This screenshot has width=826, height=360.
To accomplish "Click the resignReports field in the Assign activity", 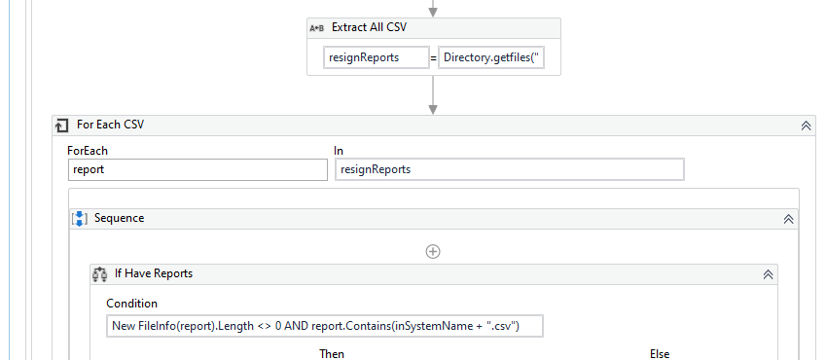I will [376, 57].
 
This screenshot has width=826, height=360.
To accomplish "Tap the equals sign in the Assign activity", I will [433, 58].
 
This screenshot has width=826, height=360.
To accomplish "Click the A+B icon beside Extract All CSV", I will [317, 28].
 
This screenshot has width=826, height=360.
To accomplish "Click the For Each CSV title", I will [110, 126].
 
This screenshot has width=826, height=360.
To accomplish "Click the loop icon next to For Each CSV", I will [62, 126].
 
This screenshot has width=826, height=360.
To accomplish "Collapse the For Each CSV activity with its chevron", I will [806, 126].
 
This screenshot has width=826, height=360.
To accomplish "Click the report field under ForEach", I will [198, 169].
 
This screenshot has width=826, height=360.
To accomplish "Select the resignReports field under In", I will [510, 169].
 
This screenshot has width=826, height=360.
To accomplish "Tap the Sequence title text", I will [119, 218].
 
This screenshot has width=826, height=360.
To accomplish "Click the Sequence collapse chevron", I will [788, 219].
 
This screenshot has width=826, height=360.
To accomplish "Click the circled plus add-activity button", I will [434, 251].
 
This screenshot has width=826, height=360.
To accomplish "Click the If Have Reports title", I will [153, 273].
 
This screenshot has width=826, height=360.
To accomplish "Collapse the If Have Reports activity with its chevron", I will [768, 274].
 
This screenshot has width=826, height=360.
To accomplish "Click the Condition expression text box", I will [324, 326].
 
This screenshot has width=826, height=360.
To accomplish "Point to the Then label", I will [332, 353].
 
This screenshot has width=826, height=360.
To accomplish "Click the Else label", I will [660, 353].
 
